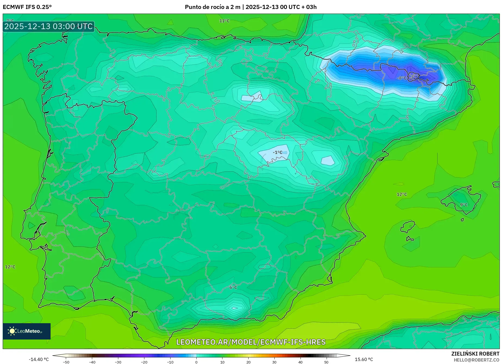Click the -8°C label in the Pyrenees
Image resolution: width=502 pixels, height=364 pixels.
coord(402,78)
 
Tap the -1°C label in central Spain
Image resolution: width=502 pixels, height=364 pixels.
coord(277,152)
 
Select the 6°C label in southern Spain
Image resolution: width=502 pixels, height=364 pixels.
coord(233,287)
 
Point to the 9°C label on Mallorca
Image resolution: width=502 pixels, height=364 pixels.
coord(464,205)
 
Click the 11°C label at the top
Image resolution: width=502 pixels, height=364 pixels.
coord(224,21)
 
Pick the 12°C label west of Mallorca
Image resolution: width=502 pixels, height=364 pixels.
coord(402,194)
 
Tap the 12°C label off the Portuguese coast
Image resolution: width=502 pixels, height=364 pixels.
coord(10,267)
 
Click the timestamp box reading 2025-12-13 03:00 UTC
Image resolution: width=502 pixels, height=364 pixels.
coord(48,26)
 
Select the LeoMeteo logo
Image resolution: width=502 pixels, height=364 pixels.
coord(26,331)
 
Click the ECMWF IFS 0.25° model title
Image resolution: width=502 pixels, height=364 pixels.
coord(27,7)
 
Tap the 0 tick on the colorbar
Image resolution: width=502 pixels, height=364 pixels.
coord(196,362)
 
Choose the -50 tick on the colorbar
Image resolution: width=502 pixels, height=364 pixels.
coord(66,362)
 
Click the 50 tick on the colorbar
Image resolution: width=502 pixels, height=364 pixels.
coord(326,362)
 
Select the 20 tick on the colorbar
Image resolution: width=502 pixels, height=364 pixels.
coord(248,362)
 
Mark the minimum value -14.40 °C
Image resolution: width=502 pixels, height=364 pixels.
coord(39,359)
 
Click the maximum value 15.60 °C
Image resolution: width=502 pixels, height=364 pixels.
coord(364,359)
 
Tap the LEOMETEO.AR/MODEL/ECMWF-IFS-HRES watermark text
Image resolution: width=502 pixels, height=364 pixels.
coord(251,342)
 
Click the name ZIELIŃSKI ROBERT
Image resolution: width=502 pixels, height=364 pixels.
coord(475,354)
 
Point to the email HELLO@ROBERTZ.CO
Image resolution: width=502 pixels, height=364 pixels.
coord(476,360)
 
